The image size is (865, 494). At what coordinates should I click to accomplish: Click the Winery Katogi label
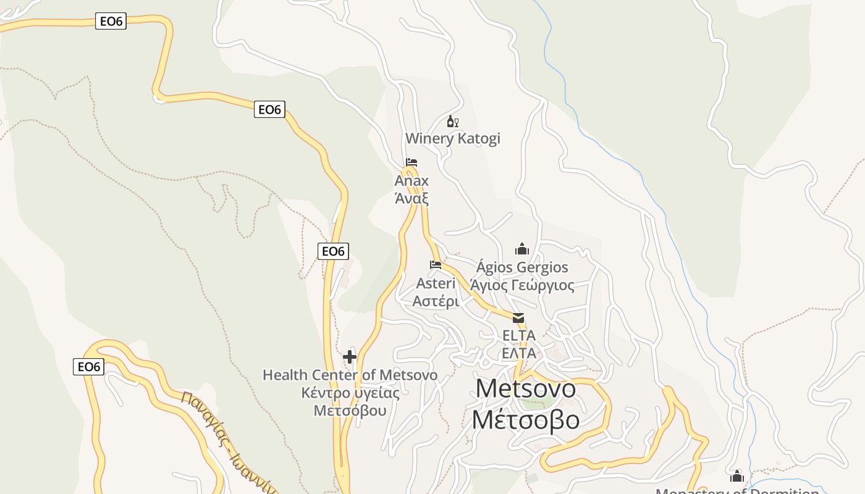point(452,138)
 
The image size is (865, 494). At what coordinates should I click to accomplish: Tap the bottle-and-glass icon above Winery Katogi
point(452,122)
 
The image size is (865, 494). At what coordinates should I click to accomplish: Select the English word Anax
point(411,181)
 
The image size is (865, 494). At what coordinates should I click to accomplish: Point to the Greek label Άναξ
point(411,198)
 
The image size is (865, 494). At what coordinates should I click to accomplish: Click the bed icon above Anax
point(411,163)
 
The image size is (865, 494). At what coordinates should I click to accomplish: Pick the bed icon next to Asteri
point(436,266)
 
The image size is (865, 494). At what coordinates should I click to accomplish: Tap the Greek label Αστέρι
point(436,301)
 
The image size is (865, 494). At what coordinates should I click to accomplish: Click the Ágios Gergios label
point(522,267)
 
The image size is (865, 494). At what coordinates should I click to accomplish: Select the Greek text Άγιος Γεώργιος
point(522,285)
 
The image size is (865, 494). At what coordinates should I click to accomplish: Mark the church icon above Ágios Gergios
point(522,249)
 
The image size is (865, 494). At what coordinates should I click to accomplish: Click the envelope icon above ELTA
point(518,318)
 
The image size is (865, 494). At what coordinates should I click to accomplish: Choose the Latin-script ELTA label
point(518,335)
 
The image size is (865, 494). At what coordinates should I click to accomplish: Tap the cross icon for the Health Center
point(350,356)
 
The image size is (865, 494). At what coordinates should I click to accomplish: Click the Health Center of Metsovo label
point(350,375)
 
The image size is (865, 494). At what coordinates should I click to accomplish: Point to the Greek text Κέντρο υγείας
point(350,393)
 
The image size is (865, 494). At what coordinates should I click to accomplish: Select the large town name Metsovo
point(526,388)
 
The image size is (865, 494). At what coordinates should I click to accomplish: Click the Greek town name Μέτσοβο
point(526,420)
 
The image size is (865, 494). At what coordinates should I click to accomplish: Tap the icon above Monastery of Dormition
point(736,476)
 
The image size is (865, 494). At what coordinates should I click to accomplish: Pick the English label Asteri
point(436,283)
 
